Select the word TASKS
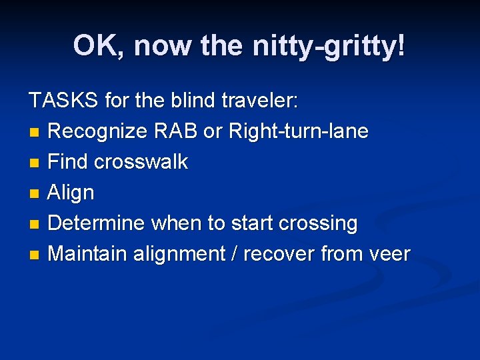[x=64, y=101]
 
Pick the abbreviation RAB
[x=175, y=131]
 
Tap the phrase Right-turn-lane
[x=298, y=131]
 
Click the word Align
[x=71, y=193]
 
